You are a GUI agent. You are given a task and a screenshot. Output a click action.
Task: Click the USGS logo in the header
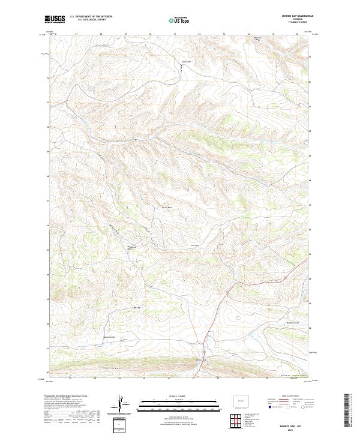click(55, 19)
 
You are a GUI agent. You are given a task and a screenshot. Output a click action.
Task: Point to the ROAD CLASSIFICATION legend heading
click(289, 396)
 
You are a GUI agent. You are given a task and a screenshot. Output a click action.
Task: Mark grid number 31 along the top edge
click(175, 34)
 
